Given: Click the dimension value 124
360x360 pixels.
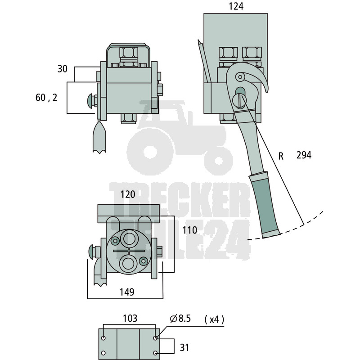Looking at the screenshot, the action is [236, 6].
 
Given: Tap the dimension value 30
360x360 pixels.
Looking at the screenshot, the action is [62, 69].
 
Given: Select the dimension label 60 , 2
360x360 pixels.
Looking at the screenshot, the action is [46, 98].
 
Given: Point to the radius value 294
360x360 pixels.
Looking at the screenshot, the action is [304, 155].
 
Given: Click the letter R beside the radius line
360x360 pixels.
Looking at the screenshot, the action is [281, 156].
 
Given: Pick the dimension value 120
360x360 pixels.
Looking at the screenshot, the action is [128, 194].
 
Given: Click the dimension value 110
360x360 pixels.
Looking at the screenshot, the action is [189, 230].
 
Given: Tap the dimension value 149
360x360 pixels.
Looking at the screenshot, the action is [127, 292].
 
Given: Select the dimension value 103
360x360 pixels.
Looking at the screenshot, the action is [130, 319].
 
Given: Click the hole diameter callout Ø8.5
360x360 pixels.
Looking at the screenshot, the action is [180, 319].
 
